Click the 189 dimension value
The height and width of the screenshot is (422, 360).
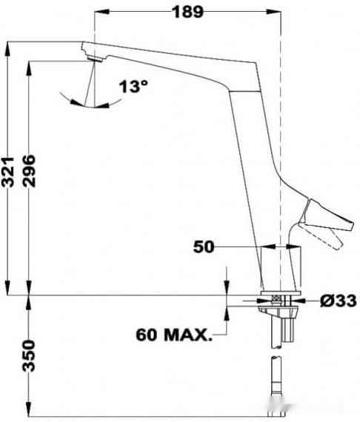click(x=189, y=11)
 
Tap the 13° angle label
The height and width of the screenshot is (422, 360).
click(x=133, y=87)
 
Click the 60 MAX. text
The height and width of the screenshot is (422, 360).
click(x=173, y=334)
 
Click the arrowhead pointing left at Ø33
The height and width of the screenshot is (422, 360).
click(x=306, y=301)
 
